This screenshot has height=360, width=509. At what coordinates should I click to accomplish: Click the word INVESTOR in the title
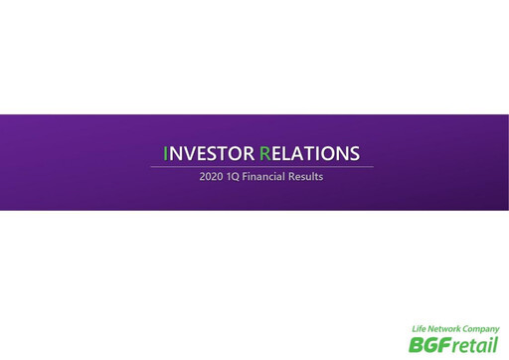(208, 153)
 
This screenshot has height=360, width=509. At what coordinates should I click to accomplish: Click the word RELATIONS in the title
(309, 153)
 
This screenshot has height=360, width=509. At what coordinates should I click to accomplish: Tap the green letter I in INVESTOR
(166, 153)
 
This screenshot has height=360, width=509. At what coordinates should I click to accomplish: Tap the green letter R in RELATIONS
(264, 153)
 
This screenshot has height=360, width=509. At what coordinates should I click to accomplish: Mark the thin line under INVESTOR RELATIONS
(261, 166)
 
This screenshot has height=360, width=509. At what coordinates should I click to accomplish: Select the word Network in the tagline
(447, 329)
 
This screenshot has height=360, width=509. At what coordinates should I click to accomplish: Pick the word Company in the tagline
(482, 329)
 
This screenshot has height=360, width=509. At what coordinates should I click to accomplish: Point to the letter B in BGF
(416, 344)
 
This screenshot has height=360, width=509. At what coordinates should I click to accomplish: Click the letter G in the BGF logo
(428, 344)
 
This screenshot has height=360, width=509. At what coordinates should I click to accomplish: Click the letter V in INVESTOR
(188, 153)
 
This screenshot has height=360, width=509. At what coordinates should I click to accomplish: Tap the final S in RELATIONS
(353, 153)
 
